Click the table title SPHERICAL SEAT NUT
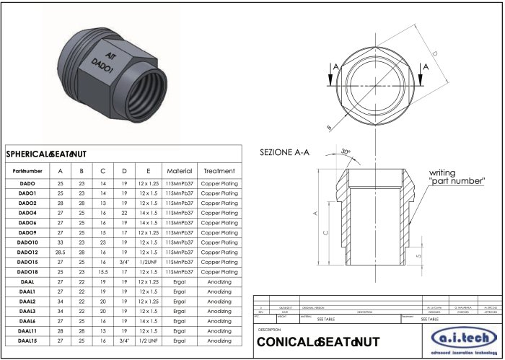tap(46, 154)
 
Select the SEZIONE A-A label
tap(284, 152)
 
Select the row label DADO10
tap(27, 242)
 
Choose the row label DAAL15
tap(27, 340)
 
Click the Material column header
tap(179, 171)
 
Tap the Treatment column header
tap(219, 171)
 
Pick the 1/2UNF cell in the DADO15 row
tap(148, 262)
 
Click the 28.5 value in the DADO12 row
tap(60, 253)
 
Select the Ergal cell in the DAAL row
tap(179, 281)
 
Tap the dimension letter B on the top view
tap(330, 127)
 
